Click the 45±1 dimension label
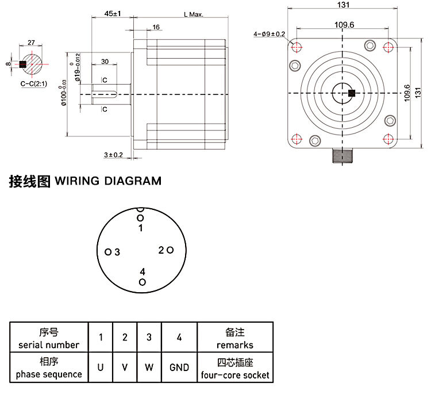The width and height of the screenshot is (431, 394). pos(113,13)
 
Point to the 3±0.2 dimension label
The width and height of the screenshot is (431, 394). pos(114,155)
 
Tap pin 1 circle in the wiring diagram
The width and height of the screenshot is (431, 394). pos(140,217)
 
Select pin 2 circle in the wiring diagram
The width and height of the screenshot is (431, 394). pos(170,250)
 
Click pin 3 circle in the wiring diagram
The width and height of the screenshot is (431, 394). pos(108,252)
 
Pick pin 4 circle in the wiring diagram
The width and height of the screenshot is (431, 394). pos(143,282)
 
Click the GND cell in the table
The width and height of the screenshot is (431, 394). pos(179,367)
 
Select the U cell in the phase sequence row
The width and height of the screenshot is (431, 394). pos(101,367)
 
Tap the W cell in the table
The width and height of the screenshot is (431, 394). pos(149,367)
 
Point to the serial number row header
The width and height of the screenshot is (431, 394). pos(49,338)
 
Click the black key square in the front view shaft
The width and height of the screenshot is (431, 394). pos(352,93)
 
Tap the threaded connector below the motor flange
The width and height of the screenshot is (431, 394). pos(344,156)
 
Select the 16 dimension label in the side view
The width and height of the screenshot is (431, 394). pos(156,27)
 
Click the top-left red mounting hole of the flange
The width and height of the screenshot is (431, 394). pos(297,47)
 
